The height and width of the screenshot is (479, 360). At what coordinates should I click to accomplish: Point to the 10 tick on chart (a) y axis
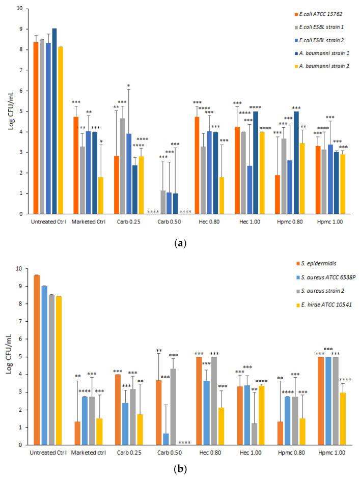(19, 9)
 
